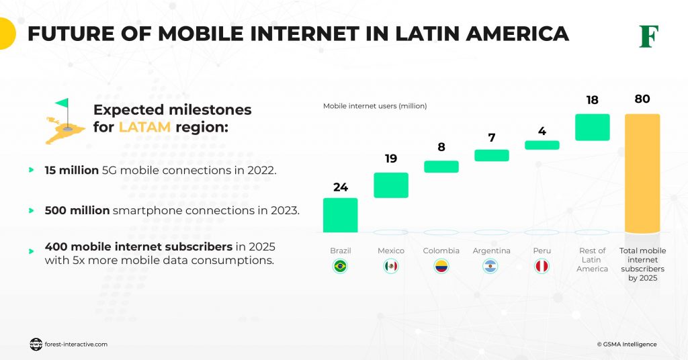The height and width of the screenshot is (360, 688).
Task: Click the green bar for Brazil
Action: [340, 215]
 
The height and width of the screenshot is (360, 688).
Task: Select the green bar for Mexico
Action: [390, 185]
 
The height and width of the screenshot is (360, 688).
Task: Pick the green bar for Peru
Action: [542, 145]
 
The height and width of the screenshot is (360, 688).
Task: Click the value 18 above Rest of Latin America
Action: [592, 100]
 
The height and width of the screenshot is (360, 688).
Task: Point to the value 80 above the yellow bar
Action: [642, 99]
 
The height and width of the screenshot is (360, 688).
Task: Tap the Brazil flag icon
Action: [340, 267]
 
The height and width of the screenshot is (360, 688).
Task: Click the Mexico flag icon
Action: [390, 267]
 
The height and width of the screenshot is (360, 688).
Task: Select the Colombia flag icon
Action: [441, 267]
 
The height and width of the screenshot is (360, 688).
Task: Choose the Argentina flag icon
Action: [491, 267]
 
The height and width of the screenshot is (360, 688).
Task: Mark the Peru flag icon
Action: [542, 267]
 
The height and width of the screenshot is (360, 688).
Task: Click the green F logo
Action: [648, 36]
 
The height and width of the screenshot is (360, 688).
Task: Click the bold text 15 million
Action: [72, 171]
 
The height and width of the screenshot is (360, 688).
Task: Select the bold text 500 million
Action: [77, 210]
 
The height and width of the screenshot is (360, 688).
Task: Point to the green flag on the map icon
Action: [62, 105]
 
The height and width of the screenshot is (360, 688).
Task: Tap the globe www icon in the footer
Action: [36, 345]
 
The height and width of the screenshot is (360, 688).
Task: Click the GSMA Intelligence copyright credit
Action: [626, 345]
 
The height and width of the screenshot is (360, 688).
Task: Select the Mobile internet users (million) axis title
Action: [375, 106]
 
